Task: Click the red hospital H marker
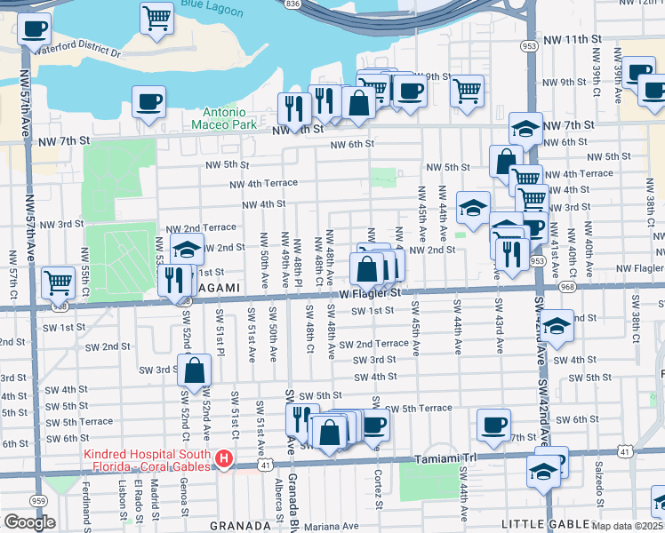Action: [x=224, y=459]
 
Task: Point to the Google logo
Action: [x=29, y=522]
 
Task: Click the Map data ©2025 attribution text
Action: [x=628, y=527]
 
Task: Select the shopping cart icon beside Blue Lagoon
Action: [x=156, y=18]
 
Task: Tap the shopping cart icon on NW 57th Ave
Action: [x=58, y=282]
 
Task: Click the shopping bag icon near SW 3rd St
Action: [x=194, y=370]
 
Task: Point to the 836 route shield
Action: [x=292, y=4]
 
